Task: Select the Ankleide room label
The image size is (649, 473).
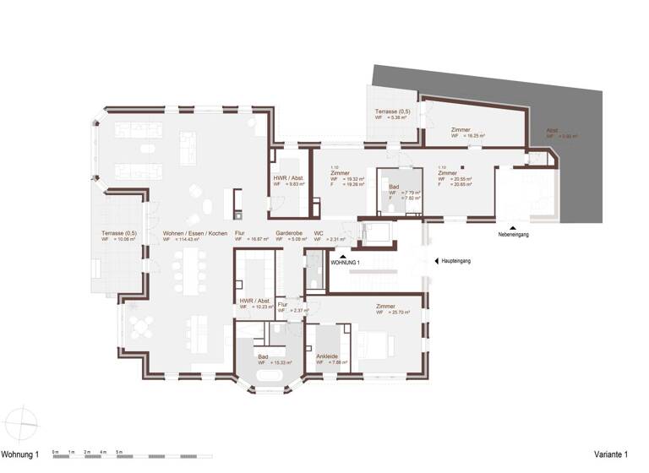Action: click(x=327, y=356)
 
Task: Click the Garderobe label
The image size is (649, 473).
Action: click(x=290, y=232)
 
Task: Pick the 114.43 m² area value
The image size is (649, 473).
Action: click(x=197, y=240)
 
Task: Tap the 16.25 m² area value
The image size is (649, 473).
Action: click(x=473, y=135)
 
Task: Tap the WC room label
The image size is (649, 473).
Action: click(x=319, y=232)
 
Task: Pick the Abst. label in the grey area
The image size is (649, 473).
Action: click(x=551, y=131)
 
